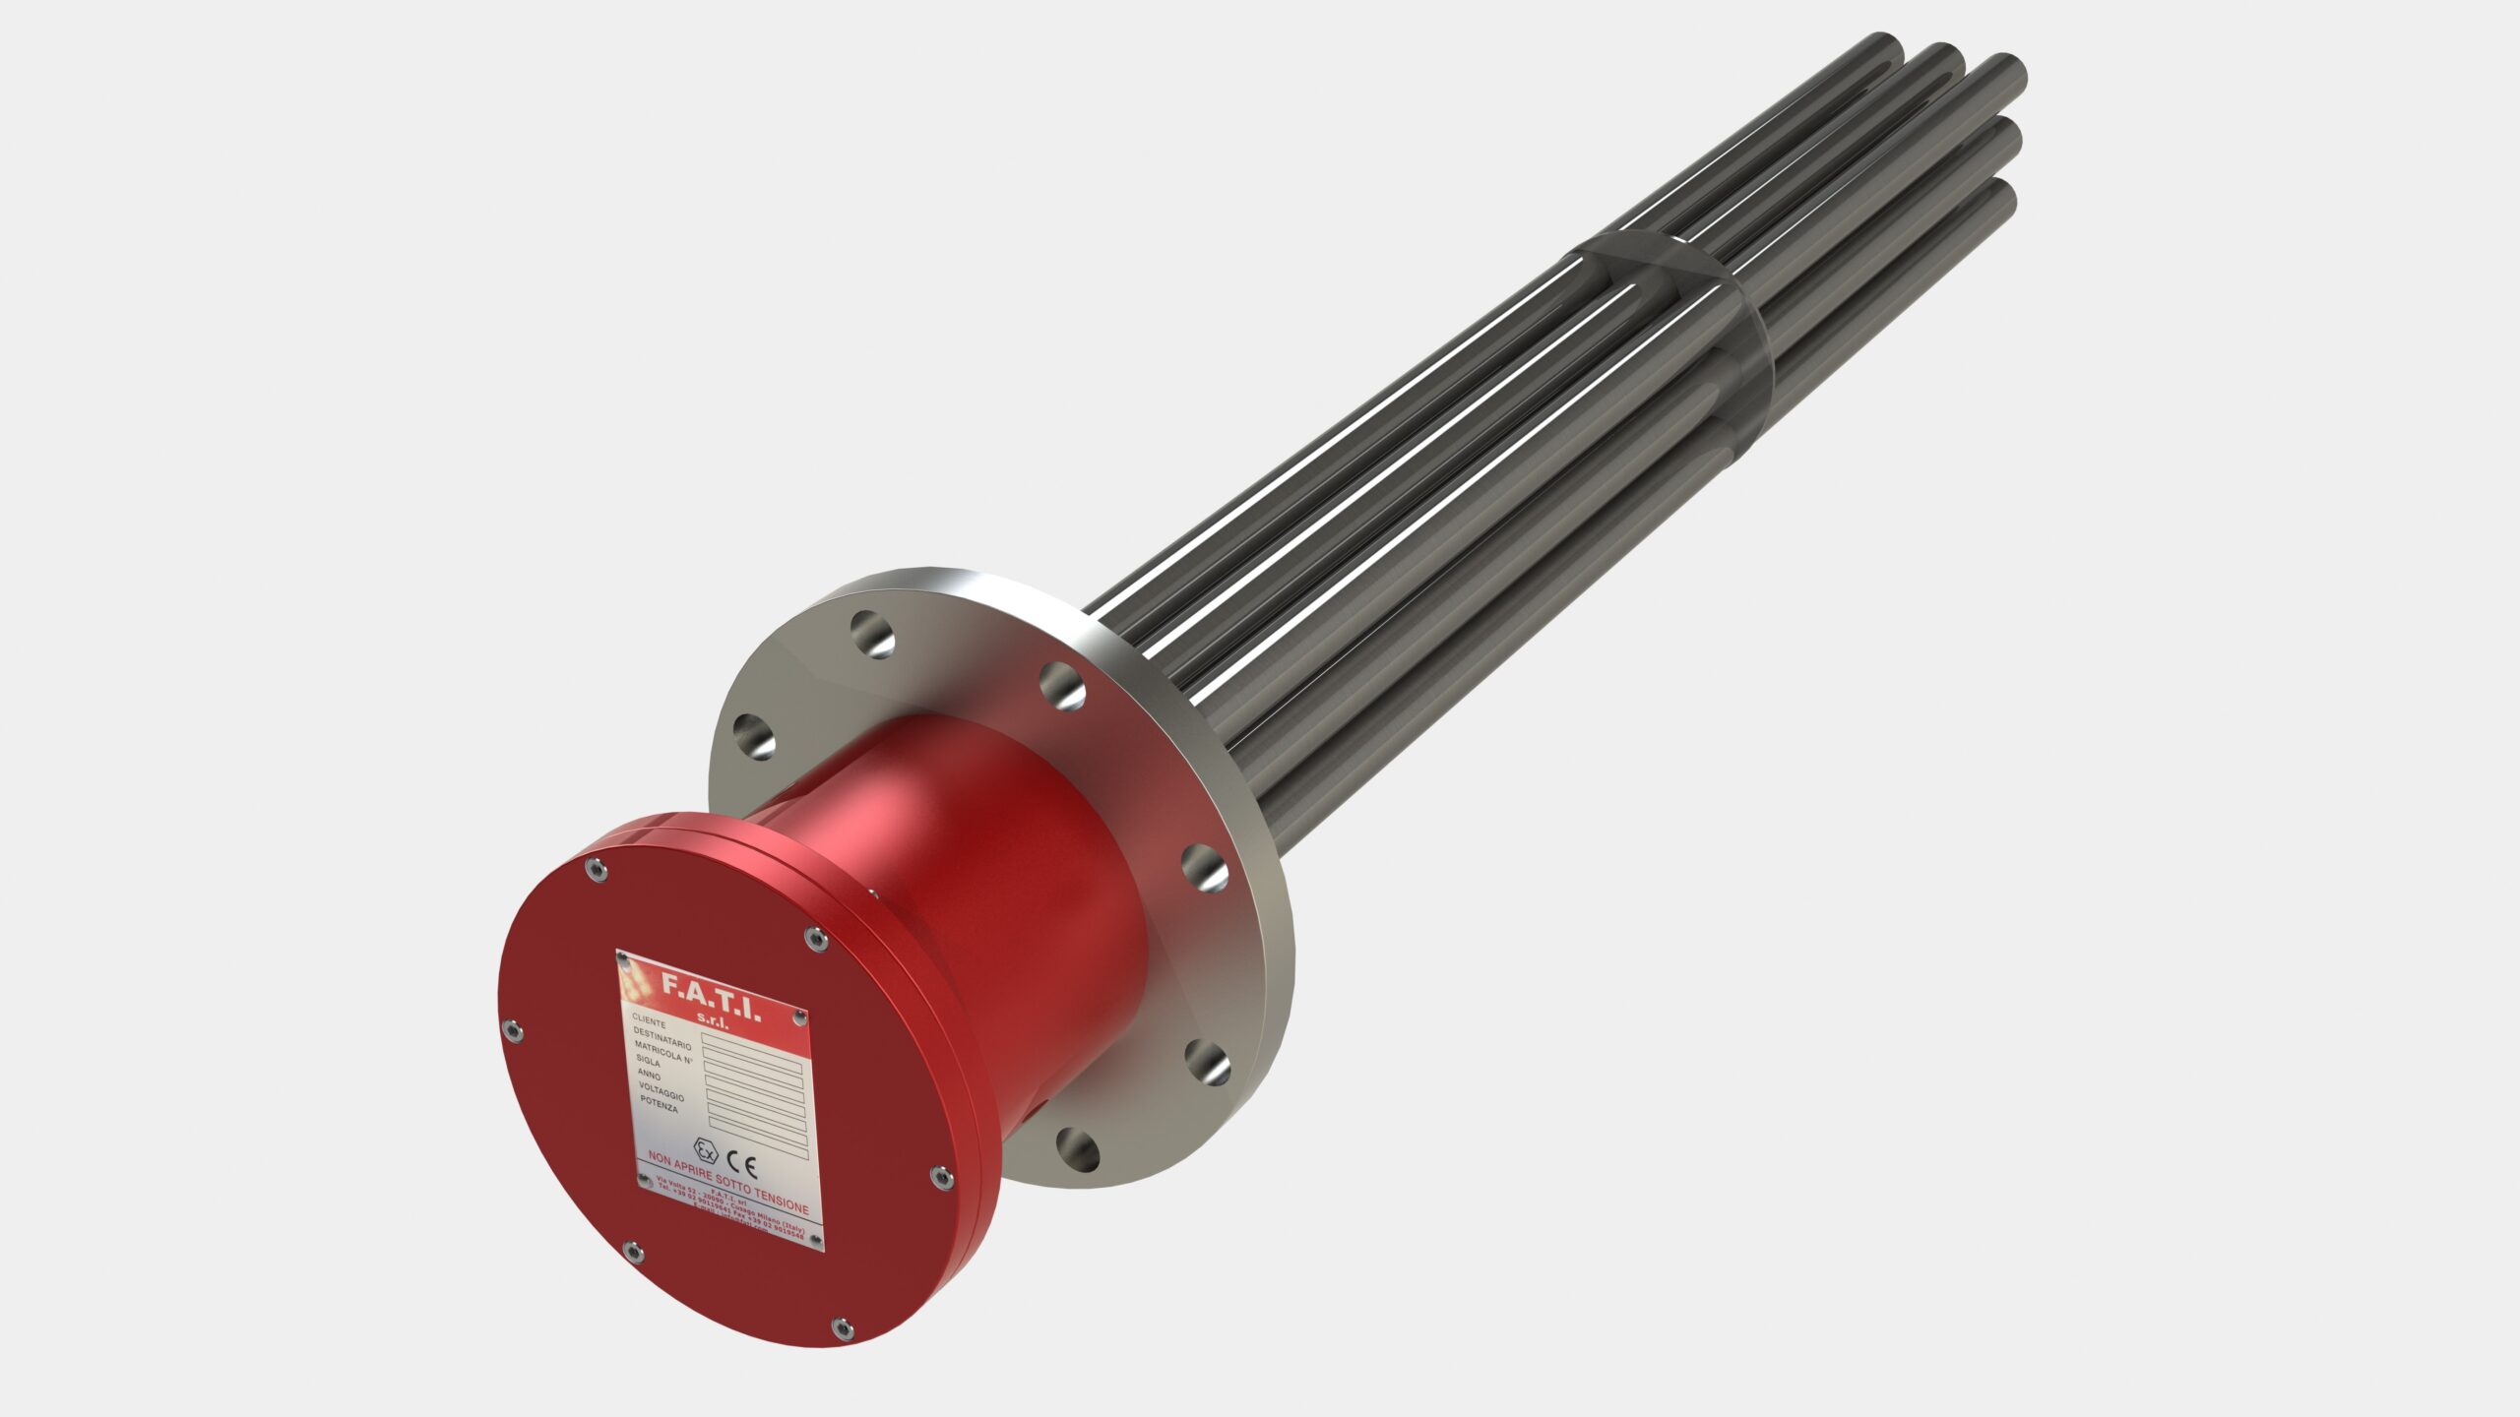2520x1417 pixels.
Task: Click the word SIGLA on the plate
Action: (x=649, y=1061)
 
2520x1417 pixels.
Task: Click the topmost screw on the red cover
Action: (x=595, y=869)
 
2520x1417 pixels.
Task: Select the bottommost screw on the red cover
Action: (x=841, y=1329)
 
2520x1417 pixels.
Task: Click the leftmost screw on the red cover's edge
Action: (x=511, y=1030)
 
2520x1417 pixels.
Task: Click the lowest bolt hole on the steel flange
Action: (x=1077, y=1149)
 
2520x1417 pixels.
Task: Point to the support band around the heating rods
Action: (x=1673, y=295)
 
